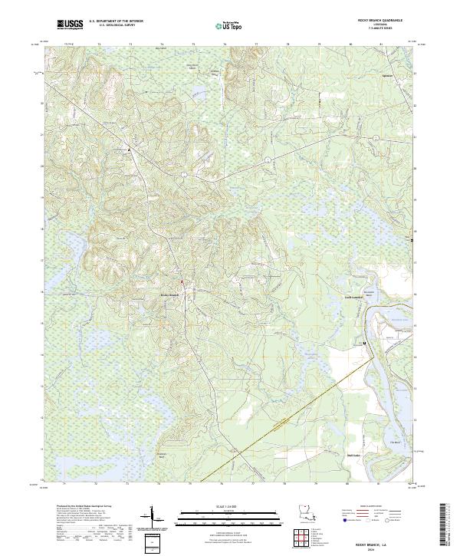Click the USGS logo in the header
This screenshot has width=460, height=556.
point(70,25)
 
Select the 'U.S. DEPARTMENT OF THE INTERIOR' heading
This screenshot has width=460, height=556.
point(115,21)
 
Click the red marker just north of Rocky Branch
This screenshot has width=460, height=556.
point(181,289)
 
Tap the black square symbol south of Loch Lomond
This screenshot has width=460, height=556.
point(365,343)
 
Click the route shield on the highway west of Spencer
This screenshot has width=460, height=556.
point(265,159)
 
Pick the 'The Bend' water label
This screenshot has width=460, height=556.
point(396,441)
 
